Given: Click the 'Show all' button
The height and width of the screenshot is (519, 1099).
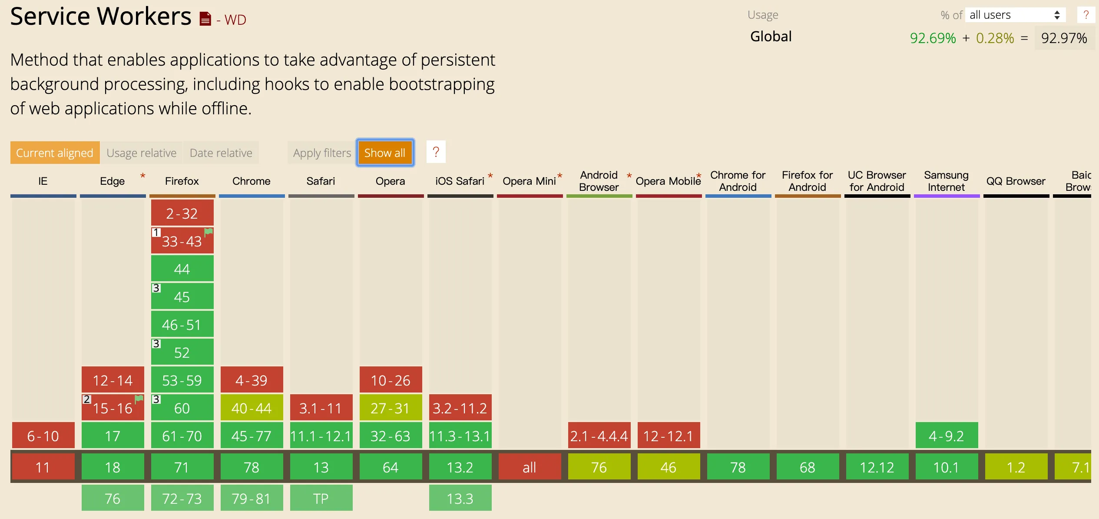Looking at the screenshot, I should tap(385, 153).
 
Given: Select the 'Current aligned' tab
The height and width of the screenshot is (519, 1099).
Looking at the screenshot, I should tap(55, 153).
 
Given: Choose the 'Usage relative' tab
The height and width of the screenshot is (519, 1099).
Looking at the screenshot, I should tap(142, 153).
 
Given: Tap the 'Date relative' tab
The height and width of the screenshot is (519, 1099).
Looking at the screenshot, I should tap(221, 153).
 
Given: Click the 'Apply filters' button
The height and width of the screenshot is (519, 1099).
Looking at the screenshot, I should tap(322, 153).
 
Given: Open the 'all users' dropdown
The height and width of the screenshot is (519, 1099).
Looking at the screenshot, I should tap(1015, 15).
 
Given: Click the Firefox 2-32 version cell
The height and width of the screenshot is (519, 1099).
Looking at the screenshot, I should tap(182, 213).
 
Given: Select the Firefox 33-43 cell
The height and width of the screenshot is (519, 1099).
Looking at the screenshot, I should tap(182, 241).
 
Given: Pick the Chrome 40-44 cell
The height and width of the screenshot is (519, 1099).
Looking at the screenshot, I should tap(252, 408).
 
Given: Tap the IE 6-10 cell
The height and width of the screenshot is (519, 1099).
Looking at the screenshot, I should tap(43, 436).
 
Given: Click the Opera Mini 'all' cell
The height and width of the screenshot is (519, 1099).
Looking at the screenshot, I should tap(530, 467).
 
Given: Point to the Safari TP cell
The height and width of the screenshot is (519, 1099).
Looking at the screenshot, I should tap(321, 499).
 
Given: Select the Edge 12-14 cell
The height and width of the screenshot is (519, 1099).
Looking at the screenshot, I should tap(113, 380).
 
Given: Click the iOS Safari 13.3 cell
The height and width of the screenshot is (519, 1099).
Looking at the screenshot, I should tap(460, 499).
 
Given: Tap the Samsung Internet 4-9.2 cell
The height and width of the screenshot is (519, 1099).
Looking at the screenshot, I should tap(947, 436).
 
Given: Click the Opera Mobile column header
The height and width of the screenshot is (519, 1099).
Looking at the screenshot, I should tap(668, 181).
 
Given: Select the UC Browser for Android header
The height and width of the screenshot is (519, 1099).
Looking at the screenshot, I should tap(877, 181).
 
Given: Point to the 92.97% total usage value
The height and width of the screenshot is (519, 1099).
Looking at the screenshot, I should tap(1064, 38).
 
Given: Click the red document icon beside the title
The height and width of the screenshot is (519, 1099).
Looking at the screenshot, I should tap(205, 19).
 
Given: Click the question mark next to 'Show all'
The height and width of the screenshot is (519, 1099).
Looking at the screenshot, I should tap(436, 152).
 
